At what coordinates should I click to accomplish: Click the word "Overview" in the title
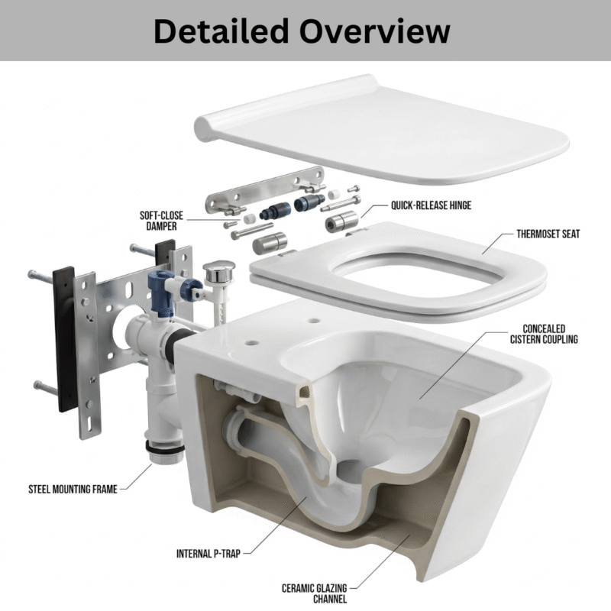374,31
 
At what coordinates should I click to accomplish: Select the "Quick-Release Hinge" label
431,205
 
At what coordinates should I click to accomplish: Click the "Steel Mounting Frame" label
73,489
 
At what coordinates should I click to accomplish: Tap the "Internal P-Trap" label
209,553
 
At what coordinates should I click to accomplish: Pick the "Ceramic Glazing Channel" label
315,593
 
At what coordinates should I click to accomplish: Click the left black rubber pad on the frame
64,336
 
